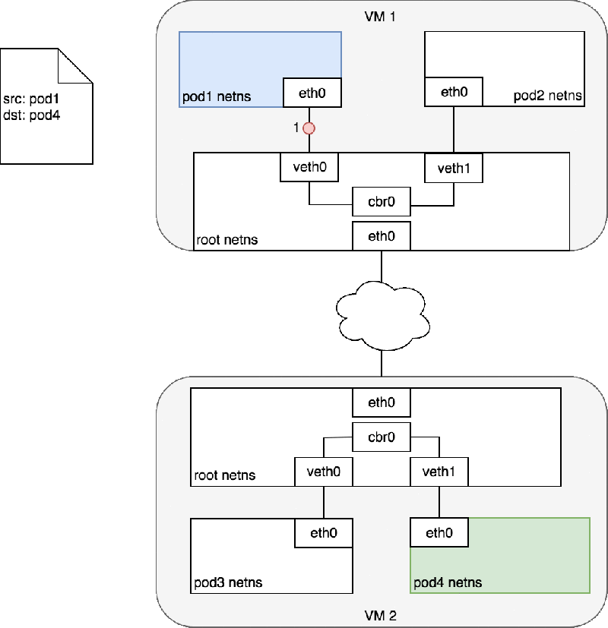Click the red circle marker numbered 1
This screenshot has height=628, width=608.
coord(309,128)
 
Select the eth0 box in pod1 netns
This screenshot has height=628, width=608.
coord(312,93)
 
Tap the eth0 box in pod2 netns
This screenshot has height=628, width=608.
coord(454,92)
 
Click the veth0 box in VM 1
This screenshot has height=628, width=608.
coord(309,167)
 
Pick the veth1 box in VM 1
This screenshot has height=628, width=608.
coord(454,168)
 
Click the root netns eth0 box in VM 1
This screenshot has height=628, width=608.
coord(382,236)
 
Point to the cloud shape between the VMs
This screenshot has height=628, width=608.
coord(382,314)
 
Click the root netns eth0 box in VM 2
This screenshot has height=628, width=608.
coord(382,402)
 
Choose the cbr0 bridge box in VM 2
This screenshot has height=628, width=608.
coord(382,437)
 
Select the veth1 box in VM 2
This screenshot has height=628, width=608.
coord(439,472)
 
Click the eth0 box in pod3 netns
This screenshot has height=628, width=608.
coord(324,532)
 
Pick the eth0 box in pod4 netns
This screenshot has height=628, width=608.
coord(439,533)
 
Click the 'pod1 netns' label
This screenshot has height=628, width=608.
coord(217,97)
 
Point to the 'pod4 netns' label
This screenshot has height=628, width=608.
coord(448,583)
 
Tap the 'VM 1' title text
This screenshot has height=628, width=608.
coord(381,16)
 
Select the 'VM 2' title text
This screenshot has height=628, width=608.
coord(381,615)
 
